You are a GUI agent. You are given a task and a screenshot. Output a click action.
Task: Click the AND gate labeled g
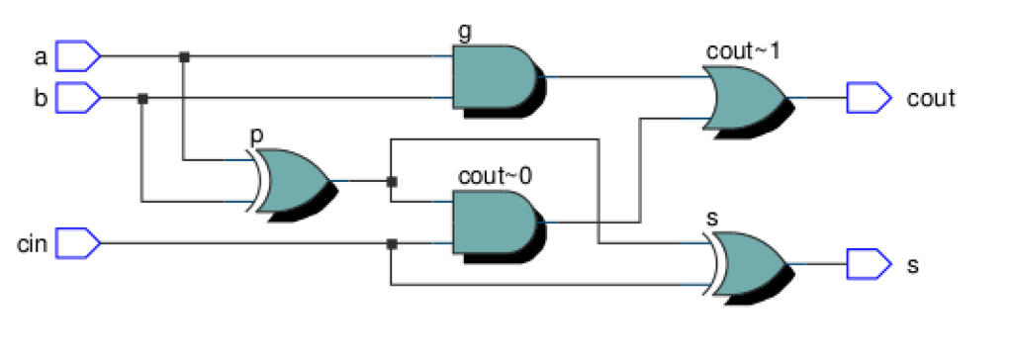click(x=495, y=77)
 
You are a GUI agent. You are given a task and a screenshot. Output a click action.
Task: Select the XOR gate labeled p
click(x=293, y=181)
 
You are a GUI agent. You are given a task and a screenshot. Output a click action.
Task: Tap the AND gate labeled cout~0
click(x=495, y=222)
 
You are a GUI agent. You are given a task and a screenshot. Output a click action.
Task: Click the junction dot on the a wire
click(x=184, y=57)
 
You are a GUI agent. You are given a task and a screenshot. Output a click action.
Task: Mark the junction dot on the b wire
click(x=142, y=99)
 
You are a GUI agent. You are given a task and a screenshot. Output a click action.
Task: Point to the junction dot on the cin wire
click(x=392, y=243)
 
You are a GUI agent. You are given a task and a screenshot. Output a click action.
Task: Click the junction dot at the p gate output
click(x=392, y=182)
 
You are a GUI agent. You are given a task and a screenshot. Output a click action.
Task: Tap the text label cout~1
click(x=743, y=50)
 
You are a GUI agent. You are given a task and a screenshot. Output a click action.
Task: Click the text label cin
click(x=33, y=242)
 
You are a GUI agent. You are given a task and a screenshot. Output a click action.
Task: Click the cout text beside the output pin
click(x=931, y=99)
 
